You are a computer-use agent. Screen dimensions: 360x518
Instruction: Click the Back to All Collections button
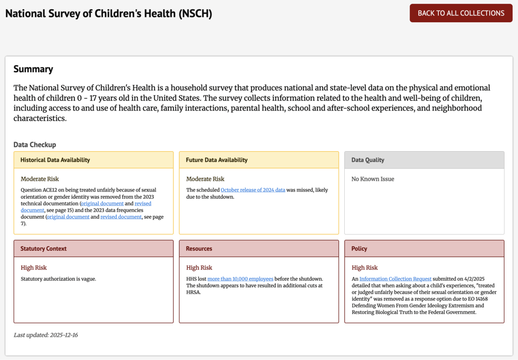(461, 13)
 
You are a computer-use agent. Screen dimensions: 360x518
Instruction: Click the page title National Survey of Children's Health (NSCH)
(108, 13)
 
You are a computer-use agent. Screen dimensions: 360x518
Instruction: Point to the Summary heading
(33, 69)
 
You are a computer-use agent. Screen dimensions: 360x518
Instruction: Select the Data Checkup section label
(35, 145)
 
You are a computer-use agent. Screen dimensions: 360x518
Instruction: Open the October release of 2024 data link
(253, 190)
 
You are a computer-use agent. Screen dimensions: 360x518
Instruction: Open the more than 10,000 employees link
(240, 279)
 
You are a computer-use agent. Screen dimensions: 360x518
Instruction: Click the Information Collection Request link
(396, 279)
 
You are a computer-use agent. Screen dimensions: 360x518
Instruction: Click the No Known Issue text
(373, 179)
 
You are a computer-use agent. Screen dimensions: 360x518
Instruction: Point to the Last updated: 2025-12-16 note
(46, 335)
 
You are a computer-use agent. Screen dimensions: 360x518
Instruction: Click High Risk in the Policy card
(365, 268)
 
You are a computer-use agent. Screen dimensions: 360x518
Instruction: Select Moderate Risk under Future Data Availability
(206, 179)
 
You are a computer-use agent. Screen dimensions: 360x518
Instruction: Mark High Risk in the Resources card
(199, 268)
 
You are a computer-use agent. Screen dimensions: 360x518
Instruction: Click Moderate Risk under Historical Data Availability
(40, 179)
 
